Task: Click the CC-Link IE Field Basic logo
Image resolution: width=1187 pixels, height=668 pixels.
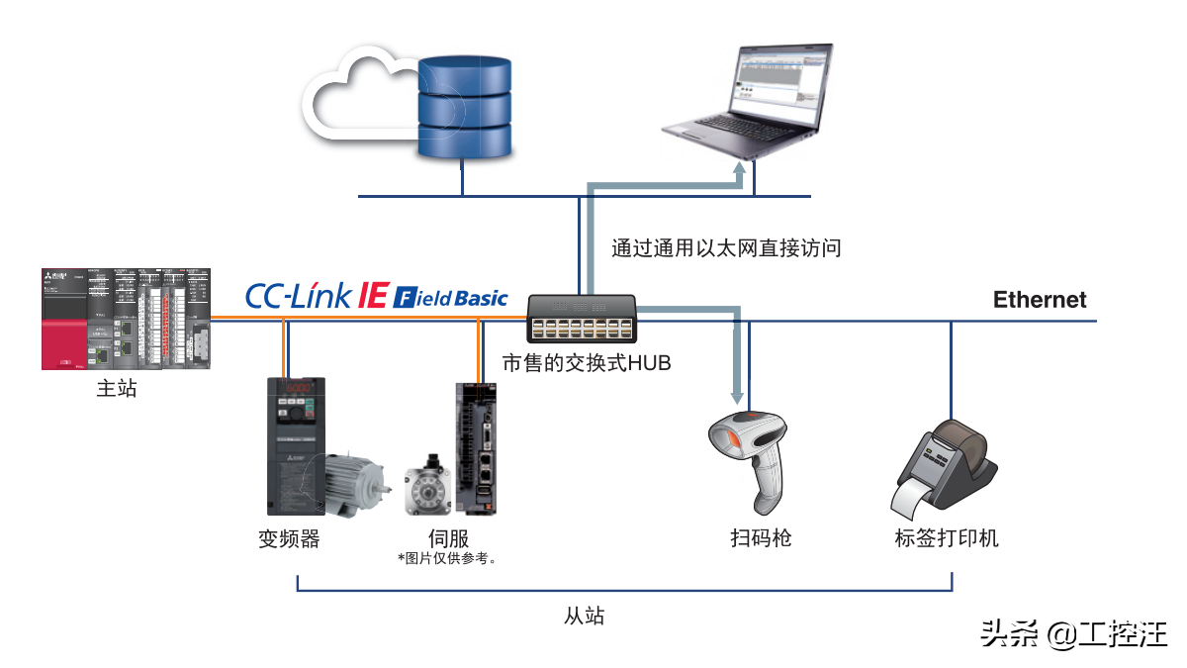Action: tap(376, 296)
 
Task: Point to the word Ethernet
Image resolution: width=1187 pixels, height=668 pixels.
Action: tap(1040, 300)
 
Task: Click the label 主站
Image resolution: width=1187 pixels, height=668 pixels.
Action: tap(117, 389)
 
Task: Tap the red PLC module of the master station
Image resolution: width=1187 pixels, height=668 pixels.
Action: tap(64, 332)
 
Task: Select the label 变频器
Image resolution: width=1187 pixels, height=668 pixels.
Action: tap(289, 539)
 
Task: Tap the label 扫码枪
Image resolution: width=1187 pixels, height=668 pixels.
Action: tap(761, 539)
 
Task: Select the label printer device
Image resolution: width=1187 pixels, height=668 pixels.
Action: tap(940, 471)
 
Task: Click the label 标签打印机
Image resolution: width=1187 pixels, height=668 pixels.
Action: tap(947, 539)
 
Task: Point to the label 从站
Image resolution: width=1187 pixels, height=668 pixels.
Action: tap(584, 617)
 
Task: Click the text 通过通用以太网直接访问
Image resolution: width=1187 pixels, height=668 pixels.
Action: tap(726, 248)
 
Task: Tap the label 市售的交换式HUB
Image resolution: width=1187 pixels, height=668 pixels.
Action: tap(587, 364)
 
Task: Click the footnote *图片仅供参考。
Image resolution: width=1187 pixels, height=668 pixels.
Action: tap(447, 559)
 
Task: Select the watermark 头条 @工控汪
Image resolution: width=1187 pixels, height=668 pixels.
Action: tap(1073, 633)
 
